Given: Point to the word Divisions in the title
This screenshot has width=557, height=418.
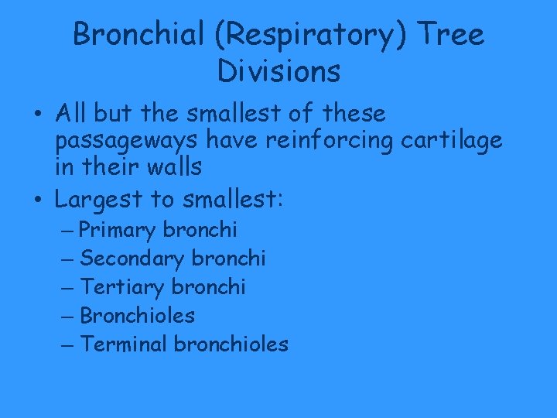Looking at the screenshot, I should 278,71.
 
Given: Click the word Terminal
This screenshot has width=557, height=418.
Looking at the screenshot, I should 124,344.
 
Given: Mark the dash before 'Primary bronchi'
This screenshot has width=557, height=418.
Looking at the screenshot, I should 67,231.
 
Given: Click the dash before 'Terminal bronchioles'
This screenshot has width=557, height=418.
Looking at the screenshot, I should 67,344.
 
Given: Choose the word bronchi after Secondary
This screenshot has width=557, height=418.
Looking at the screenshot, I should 228,259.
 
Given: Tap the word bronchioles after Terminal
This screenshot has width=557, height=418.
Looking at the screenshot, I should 231,344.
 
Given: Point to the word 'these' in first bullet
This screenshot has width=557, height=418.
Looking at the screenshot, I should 354,114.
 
